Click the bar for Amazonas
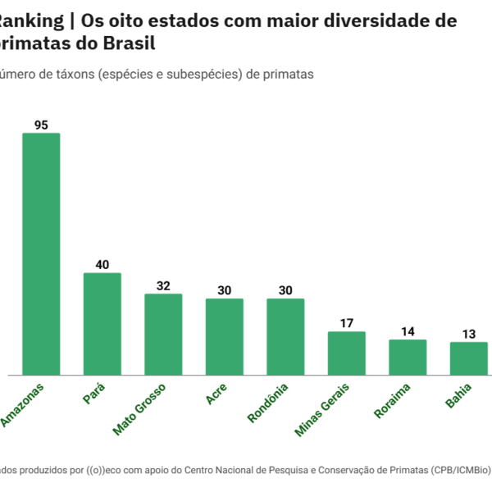(x=41, y=254)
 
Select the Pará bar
(x=102, y=324)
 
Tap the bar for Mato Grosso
(x=163, y=335)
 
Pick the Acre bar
(x=224, y=337)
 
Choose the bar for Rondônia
(x=285, y=337)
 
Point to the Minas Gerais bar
(x=346, y=353)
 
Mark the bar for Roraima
(x=408, y=358)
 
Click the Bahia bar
(x=468, y=358)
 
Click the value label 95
(x=41, y=125)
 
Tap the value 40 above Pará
(x=102, y=265)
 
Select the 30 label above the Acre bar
(x=224, y=290)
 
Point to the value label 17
(x=346, y=323)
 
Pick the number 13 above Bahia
(x=468, y=334)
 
